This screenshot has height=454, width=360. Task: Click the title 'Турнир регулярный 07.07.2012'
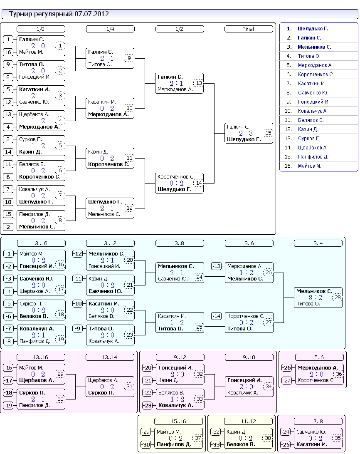pos(59,14)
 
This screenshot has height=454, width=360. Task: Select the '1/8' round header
pos(41,29)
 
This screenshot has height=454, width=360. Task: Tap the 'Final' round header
pos(249,29)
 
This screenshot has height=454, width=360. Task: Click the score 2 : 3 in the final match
pos(246,133)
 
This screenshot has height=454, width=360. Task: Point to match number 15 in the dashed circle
pos(268,133)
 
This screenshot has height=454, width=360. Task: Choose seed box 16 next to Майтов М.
pos(8,52)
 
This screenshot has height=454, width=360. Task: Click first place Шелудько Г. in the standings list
pos(313,29)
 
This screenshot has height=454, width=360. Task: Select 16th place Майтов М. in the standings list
pos(309,166)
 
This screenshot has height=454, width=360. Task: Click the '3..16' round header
pos(41,243)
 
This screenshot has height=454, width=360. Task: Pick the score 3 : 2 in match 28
pos(315,298)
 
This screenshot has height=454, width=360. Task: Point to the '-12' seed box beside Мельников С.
pos(77,254)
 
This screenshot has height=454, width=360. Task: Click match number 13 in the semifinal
pos(199,83)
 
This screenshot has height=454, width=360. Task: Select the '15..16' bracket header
pos(178,421)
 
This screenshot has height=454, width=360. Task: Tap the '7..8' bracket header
pos(318,421)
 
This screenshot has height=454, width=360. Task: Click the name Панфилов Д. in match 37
pos(174,444)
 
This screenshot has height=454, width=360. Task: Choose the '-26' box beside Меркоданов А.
pos(286,368)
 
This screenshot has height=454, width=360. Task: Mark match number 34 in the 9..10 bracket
pos(269,387)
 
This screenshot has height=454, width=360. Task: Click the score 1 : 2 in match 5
pos(38,146)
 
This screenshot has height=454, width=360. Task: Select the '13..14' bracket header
pos(110,357)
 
